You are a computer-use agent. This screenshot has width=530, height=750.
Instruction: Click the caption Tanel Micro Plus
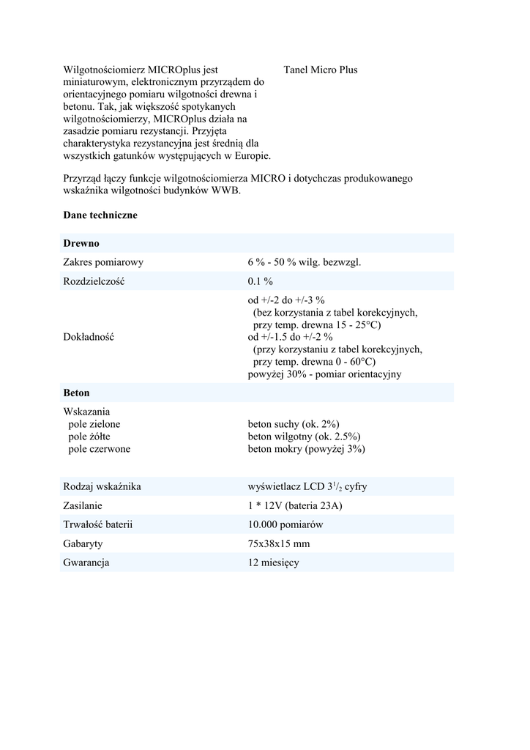click(320, 70)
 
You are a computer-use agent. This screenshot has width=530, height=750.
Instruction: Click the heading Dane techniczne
click(100, 216)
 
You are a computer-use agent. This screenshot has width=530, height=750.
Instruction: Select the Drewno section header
click(81, 243)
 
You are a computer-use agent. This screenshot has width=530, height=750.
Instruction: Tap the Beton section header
click(77, 393)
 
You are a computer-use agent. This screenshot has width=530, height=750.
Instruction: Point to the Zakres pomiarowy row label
click(103, 262)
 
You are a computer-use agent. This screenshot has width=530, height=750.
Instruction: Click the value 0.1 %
click(260, 281)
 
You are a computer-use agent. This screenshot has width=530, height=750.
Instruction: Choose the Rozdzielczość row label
click(94, 281)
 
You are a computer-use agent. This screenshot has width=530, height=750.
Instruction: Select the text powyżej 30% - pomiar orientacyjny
click(324, 374)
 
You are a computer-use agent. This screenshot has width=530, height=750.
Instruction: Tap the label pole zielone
click(94, 424)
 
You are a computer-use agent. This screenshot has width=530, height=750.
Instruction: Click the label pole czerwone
click(100, 449)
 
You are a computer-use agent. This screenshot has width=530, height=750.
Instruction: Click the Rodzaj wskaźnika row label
click(102, 487)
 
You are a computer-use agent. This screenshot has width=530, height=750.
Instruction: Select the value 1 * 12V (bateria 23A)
click(296, 506)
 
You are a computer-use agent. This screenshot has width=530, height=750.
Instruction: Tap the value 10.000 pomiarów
click(285, 525)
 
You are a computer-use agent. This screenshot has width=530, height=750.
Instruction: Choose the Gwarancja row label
click(86, 563)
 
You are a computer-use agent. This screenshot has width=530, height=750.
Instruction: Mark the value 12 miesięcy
click(274, 563)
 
